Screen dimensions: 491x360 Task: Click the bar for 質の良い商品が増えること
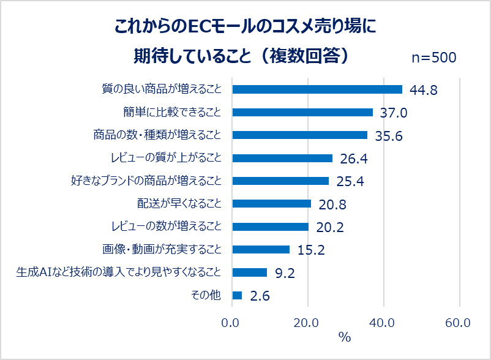(x=317, y=89)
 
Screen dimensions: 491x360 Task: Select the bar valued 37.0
(x=302, y=112)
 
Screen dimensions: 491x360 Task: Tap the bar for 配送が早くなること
(x=272, y=203)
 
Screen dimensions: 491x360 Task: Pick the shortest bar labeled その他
(x=237, y=295)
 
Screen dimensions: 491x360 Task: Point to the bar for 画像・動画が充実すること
(x=261, y=250)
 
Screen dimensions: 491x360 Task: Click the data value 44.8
(x=424, y=90)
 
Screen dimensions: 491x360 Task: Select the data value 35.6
(x=389, y=136)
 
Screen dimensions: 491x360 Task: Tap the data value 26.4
(x=354, y=159)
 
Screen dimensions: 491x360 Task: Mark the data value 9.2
(x=285, y=273)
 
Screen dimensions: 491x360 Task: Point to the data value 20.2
(x=330, y=227)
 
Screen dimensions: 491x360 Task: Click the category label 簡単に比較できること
(x=172, y=112)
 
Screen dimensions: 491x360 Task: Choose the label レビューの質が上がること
(x=167, y=157)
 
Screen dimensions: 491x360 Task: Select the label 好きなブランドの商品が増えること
(x=146, y=181)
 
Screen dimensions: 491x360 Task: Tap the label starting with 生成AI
(x=119, y=272)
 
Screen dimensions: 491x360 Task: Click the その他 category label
(x=206, y=295)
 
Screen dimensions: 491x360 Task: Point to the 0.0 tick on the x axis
(x=230, y=323)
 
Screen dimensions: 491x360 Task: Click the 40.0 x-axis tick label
(x=381, y=323)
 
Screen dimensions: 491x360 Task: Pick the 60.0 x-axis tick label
(x=458, y=323)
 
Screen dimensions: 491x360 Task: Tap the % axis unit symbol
(x=345, y=337)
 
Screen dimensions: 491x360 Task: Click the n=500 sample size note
(x=434, y=58)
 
